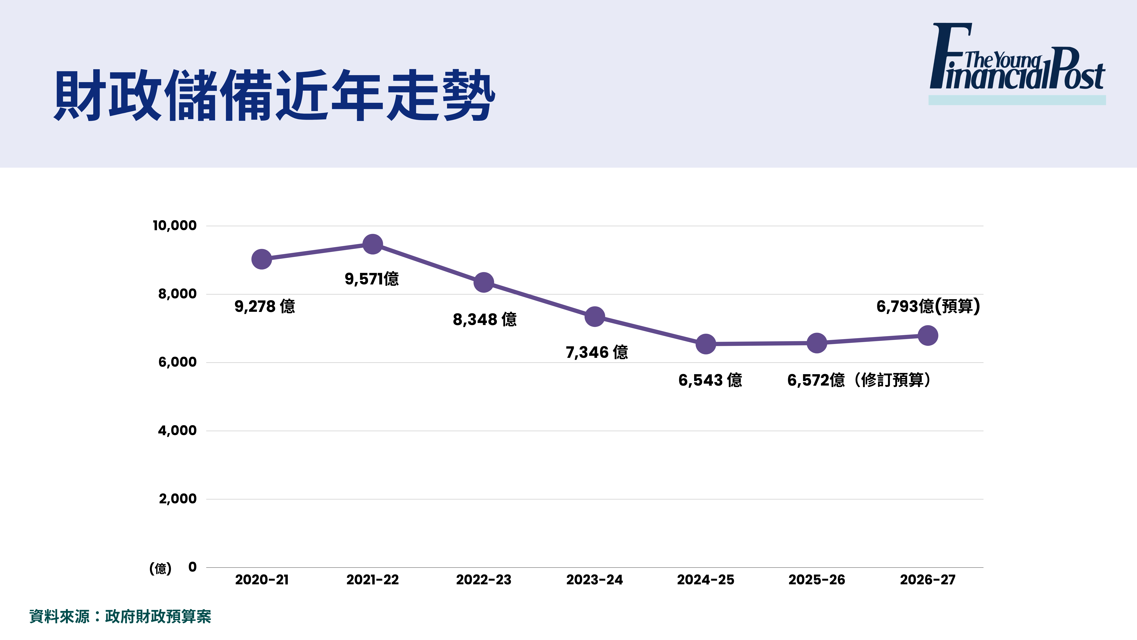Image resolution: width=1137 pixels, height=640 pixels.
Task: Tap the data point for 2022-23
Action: click(484, 282)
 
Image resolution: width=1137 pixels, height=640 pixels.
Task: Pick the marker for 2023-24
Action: click(594, 317)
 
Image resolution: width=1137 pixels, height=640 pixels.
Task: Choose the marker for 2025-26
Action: click(817, 343)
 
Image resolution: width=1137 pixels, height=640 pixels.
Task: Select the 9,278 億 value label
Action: click(264, 306)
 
